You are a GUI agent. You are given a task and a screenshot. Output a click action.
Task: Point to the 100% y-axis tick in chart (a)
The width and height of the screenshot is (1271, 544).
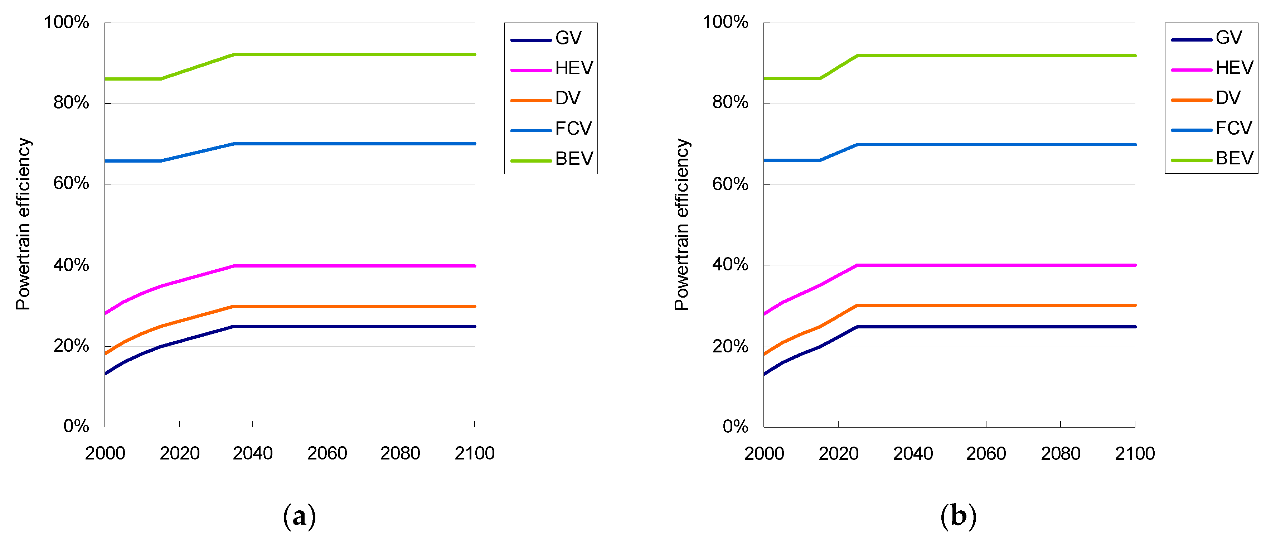click(67, 22)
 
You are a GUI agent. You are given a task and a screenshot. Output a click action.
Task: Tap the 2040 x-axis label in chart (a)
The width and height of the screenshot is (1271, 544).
click(253, 453)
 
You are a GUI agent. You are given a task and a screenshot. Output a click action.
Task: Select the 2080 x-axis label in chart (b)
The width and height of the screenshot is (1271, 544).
click(1060, 453)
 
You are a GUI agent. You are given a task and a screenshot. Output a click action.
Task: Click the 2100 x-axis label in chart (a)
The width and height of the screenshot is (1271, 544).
click(474, 453)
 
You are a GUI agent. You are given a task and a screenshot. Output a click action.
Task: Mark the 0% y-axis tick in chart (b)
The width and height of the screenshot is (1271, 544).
click(735, 427)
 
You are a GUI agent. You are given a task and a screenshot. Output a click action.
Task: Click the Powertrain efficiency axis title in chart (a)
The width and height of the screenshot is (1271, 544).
click(23, 223)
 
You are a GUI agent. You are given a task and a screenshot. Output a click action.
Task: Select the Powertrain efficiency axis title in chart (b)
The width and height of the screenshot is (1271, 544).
click(681, 223)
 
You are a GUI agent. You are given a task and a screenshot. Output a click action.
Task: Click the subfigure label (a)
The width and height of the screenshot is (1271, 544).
click(299, 516)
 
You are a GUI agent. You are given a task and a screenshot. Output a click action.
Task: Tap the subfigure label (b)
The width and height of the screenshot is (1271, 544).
click(958, 516)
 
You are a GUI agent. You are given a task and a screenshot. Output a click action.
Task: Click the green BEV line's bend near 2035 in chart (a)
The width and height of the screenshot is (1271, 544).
click(234, 55)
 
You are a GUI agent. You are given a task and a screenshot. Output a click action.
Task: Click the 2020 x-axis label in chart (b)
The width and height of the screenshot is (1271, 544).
click(838, 453)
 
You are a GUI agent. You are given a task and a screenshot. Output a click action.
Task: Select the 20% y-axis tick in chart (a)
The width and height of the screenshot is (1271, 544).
click(71, 346)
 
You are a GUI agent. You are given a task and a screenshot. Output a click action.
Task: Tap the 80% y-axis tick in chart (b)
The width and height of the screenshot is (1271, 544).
click(730, 103)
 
